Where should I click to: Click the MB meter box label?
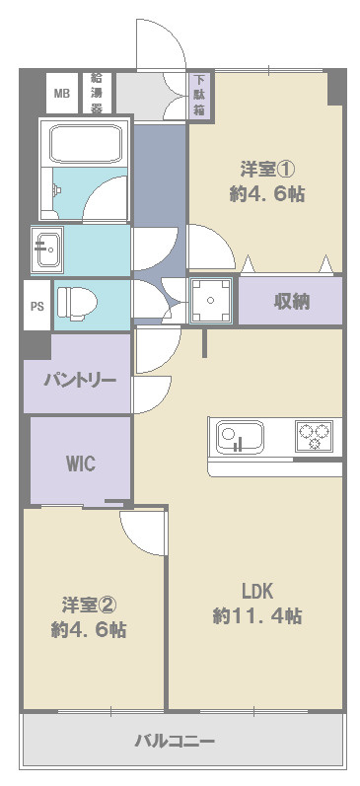coord(62,94)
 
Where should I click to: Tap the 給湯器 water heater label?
coord(97,93)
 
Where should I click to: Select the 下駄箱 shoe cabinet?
coord(199,95)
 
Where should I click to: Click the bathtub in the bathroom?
coord(86,143)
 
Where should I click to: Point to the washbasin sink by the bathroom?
coord(47,250)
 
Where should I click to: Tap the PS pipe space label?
coord(37,307)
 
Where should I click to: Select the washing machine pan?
coord(211,300)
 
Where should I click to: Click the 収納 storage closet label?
coord(291,301)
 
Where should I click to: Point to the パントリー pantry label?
coord(80,380)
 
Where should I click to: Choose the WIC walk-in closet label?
coord(81,464)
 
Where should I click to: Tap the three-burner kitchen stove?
coord(314,435)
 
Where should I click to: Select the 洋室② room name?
coord(89,605)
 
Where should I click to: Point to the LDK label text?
coord(257,592)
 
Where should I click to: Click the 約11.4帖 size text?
coord(257,615)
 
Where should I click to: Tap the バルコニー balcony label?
coord(175,741)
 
